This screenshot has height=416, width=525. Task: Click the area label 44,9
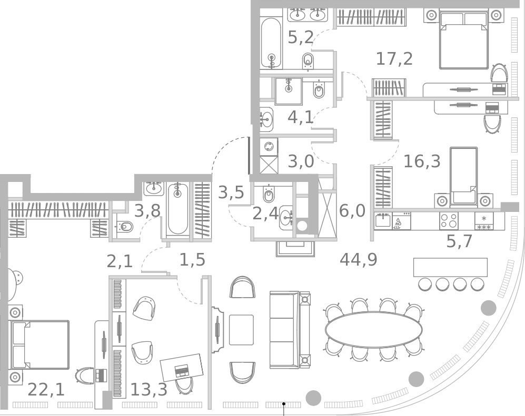tap(358, 260)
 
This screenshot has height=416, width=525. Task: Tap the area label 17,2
tap(394, 59)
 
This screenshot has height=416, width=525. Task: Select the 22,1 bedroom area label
tap(46, 390)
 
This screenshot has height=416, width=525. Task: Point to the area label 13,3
tap(148, 390)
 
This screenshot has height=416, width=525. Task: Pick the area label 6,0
tap(352, 211)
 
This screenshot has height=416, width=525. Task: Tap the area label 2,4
tap(265, 214)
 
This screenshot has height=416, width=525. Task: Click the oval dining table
tap(373, 330)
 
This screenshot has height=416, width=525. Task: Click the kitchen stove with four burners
tap(449, 221)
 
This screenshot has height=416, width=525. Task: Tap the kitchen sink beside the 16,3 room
tap(383, 221)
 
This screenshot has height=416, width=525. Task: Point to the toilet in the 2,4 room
tap(269, 195)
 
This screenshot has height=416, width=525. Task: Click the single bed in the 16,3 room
tap(463, 176)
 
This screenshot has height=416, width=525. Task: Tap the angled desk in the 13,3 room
tap(182, 367)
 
